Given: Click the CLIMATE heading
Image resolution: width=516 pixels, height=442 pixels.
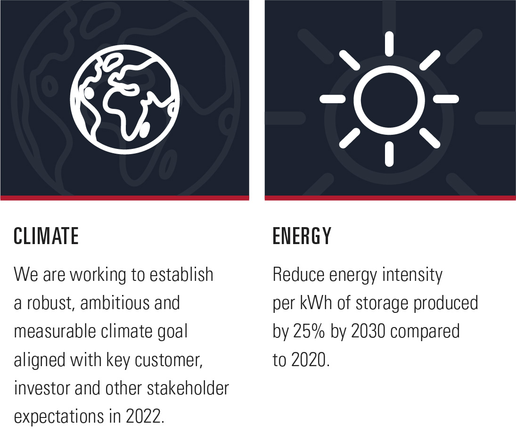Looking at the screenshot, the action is click(46, 236).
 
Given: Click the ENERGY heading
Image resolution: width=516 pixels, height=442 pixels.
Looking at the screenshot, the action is click(302, 236).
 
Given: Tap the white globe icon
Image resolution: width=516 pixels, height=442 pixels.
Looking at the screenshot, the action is click(125, 99).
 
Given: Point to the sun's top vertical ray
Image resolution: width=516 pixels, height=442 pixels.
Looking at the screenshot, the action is click(389, 44).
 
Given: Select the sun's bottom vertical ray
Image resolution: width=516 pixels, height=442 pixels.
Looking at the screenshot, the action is click(389, 154).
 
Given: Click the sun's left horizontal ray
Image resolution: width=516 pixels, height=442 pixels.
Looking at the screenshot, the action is click(333, 99).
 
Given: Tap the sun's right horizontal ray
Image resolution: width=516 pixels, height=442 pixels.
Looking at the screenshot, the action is click(446, 99).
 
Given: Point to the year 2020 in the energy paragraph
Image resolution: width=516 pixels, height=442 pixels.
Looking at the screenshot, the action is click(311, 360).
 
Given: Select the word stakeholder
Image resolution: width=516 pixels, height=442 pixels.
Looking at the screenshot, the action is click(188, 388).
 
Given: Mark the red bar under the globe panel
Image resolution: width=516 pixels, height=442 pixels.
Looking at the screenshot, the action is click(125, 198).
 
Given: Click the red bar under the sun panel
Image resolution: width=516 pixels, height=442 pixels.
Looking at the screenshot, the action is click(390, 198).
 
